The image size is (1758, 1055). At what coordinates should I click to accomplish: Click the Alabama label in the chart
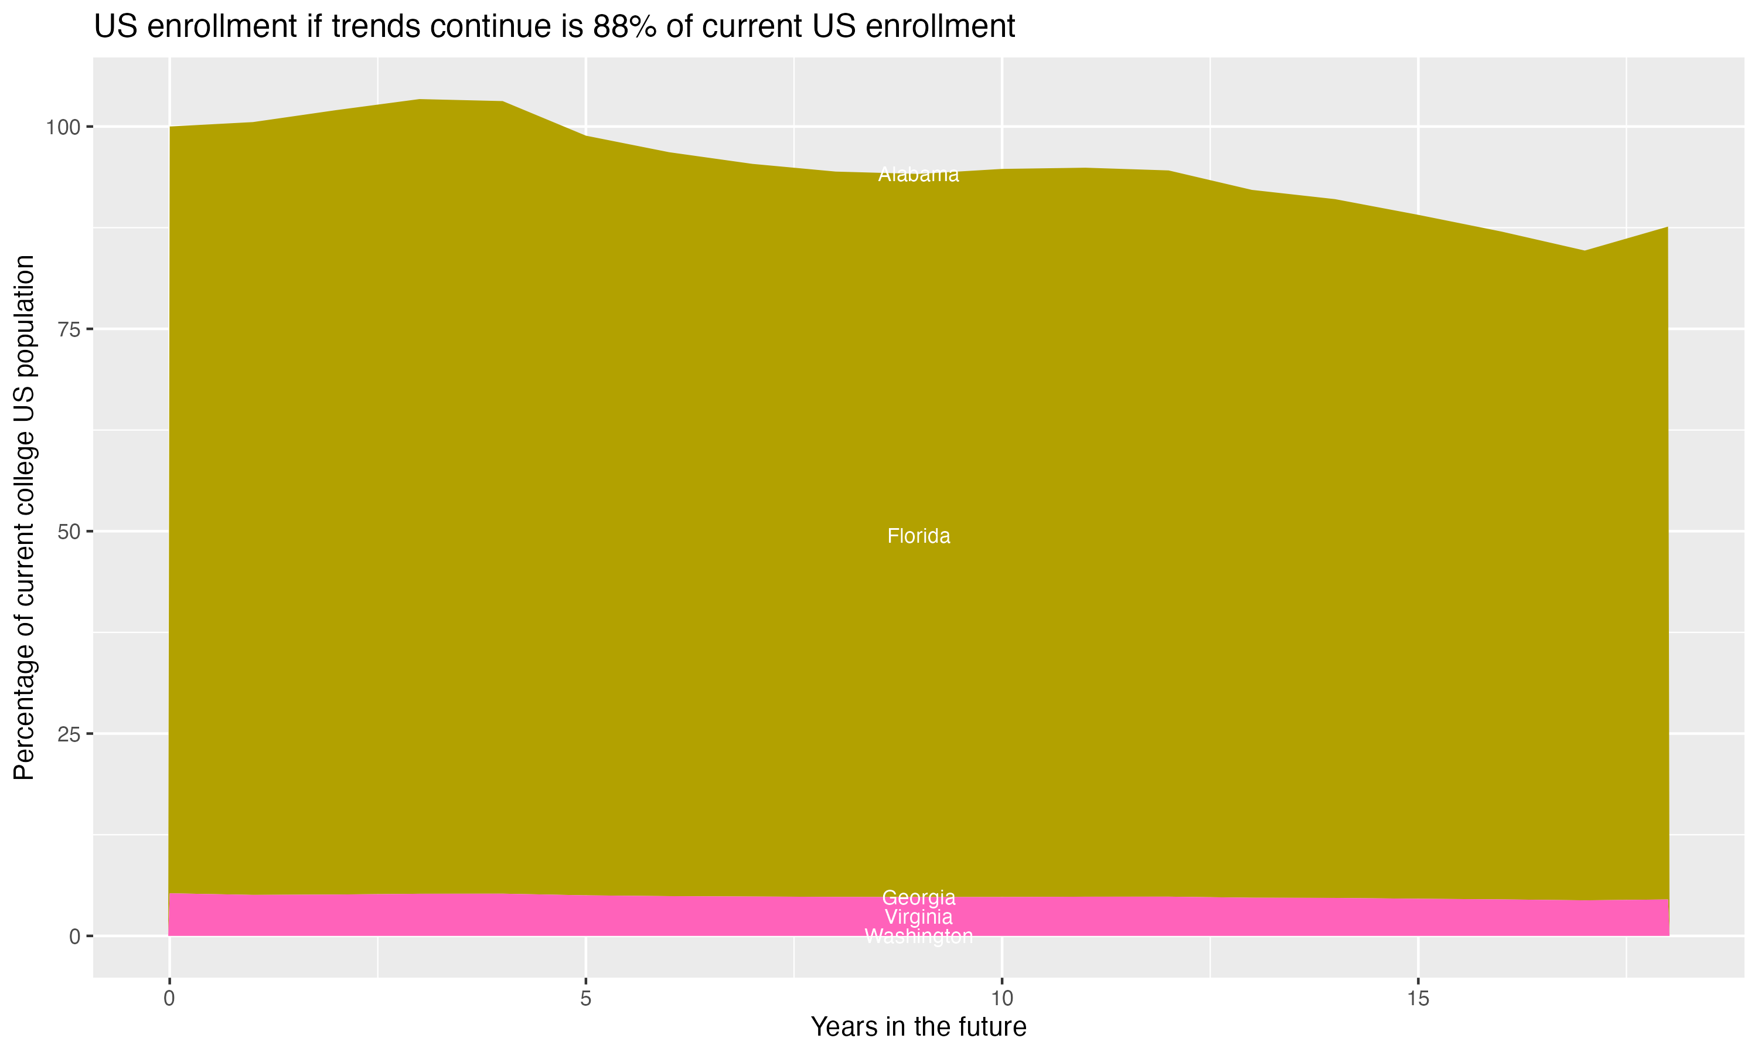click(x=918, y=175)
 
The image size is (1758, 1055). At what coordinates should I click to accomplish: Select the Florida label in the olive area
click(x=918, y=536)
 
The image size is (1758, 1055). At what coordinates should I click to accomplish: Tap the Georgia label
click(x=918, y=897)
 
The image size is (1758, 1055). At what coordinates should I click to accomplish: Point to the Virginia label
click(x=918, y=917)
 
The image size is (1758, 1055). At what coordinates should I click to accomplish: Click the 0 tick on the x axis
click(x=169, y=999)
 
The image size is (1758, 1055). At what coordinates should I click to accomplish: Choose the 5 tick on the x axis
click(x=585, y=999)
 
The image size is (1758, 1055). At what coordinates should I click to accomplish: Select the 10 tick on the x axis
click(x=1002, y=999)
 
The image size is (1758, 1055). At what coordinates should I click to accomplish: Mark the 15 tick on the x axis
click(x=1418, y=999)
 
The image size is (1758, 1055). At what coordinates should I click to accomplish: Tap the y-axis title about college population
click(x=24, y=518)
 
